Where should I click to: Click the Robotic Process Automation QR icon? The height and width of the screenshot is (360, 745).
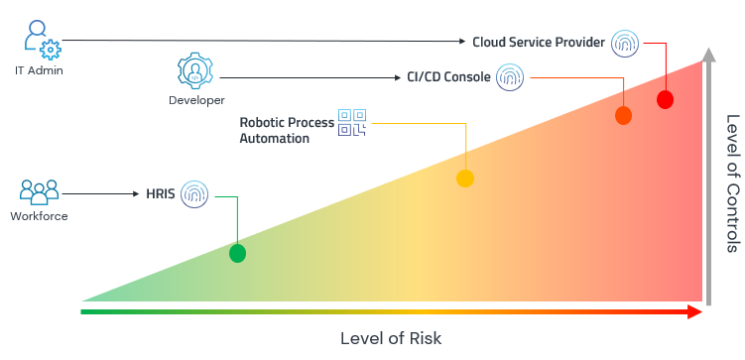pos(352,123)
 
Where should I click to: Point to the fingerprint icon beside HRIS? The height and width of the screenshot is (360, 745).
pos(194,193)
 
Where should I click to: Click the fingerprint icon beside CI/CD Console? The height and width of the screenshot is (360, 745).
pos(510,76)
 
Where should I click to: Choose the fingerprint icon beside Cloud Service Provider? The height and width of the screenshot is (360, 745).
pos(625,42)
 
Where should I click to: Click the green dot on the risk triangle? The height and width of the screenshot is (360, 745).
pos(237,253)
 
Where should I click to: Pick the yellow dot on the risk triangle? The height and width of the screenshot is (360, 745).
pos(465,179)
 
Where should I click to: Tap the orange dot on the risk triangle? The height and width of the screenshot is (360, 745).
pos(623,116)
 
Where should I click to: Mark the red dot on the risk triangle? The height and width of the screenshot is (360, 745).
pos(665,99)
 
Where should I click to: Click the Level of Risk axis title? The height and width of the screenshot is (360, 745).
pos(391,338)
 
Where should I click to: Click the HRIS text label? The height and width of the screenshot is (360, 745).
pos(161,194)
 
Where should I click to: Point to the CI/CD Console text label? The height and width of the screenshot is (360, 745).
pos(448,76)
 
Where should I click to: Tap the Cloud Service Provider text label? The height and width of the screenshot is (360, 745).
pos(539,42)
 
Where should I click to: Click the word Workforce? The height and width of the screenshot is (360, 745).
pos(39,216)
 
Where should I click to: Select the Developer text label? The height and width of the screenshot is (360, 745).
pos(196,100)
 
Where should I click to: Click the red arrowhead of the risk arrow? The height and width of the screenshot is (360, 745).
pos(693,311)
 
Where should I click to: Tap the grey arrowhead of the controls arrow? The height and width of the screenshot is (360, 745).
pos(707,56)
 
